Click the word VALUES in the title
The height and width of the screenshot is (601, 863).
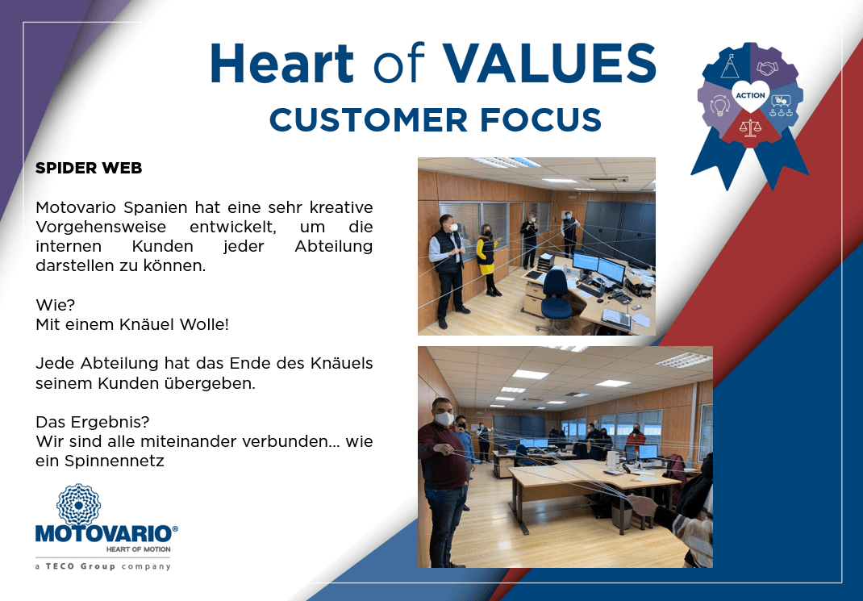point(550,63)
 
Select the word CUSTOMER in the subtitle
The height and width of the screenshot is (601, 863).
point(369,120)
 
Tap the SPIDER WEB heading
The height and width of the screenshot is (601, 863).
point(89,168)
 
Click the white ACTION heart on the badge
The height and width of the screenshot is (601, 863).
point(750,95)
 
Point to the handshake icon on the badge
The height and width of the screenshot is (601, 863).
point(767,68)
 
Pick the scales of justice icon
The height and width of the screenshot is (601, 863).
point(750,127)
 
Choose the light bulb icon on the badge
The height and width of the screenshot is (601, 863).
point(720,105)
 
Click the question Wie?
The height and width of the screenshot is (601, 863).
point(55,305)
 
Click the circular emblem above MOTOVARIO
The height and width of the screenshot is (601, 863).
point(79,505)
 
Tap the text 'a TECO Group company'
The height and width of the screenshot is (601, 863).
point(103,566)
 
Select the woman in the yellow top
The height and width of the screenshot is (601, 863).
point(487,260)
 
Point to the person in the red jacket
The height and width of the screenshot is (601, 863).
point(636,437)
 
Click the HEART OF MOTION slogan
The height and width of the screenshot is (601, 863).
point(138,549)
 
